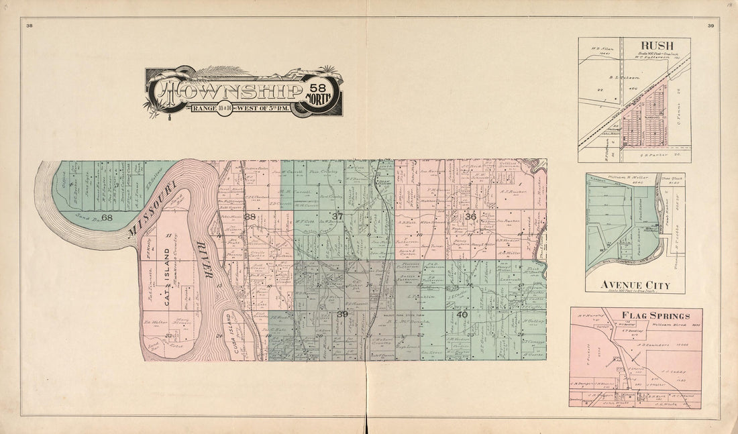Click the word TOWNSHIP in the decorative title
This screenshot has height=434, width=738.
(x=229, y=91)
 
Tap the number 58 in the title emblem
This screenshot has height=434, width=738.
(x=316, y=86)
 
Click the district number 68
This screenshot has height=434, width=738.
(x=107, y=217)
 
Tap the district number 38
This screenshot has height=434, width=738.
(x=250, y=217)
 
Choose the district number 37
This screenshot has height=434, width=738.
(x=337, y=216)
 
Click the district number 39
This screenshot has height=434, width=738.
(x=341, y=314)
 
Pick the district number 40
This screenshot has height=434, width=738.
(x=462, y=314)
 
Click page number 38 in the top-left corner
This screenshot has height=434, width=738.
(x=30, y=25)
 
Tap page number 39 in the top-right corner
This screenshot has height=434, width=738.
(x=710, y=25)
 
